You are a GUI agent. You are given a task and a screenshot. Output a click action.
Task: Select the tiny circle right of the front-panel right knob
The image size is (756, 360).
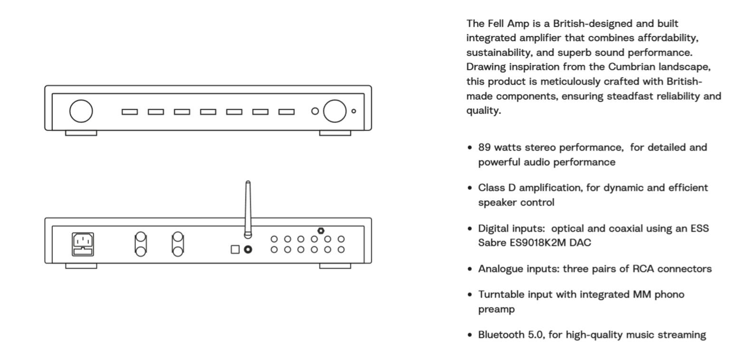[354, 111]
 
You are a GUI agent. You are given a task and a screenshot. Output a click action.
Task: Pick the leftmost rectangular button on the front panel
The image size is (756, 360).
[130, 112]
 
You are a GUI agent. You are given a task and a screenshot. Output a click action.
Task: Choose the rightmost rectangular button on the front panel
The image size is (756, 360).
[287, 112]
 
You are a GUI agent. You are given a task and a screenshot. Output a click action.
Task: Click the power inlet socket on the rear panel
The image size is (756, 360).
[83, 244]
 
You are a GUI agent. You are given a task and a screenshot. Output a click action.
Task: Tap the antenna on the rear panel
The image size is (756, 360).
[248, 209]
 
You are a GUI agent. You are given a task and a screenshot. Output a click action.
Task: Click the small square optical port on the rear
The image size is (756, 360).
[235, 249]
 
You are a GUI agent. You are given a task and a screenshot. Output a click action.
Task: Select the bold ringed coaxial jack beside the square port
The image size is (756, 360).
[248, 249]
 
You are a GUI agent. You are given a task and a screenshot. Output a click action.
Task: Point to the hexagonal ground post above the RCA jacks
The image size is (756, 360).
[321, 231]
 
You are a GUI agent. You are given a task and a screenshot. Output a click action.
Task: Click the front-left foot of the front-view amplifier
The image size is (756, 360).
[81, 133]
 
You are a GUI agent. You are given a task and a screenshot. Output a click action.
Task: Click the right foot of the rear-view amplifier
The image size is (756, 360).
[335, 266]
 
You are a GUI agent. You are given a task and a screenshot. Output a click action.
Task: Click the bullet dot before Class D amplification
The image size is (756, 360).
[470, 188]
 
